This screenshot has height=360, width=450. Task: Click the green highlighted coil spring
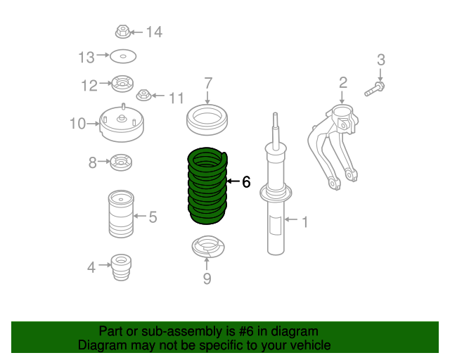tap(207, 186)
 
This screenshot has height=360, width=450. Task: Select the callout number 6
tap(246, 182)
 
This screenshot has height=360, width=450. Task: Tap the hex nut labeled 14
tap(123, 32)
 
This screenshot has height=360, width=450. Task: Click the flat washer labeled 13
tap(123, 56)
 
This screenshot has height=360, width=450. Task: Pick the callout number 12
tap(89, 86)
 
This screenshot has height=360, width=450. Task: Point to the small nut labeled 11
tap(143, 95)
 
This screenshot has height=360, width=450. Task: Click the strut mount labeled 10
tap(122, 124)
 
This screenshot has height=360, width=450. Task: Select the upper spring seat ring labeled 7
tap(207, 120)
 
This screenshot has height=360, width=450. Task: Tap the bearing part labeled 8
tap(121, 162)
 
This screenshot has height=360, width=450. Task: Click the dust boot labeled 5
tap(121, 214)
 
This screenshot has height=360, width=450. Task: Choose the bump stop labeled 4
tap(121, 267)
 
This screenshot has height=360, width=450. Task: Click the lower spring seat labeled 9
tap(208, 247)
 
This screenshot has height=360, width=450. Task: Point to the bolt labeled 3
tap(375, 89)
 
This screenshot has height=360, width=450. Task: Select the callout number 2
tap(343, 83)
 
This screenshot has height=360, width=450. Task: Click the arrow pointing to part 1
tap(291, 219)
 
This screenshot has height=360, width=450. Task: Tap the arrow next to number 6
tap(233, 181)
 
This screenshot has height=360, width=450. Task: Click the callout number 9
tap(207, 278)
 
